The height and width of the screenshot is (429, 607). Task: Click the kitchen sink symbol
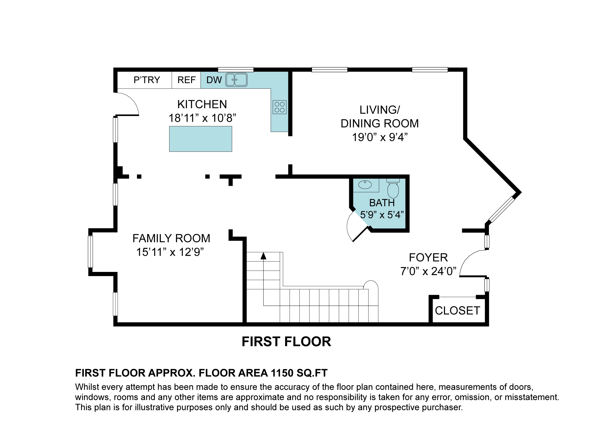[236, 80]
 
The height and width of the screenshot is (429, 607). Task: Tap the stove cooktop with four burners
[279, 107]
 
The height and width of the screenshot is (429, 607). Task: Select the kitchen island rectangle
[201, 139]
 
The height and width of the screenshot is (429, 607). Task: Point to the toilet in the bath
[393, 188]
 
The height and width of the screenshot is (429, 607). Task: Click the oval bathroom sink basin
[365, 184]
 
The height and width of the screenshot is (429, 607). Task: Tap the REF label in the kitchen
[186, 80]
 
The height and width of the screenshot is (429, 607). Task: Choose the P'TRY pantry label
[147, 80]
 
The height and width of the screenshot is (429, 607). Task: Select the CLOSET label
[458, 311]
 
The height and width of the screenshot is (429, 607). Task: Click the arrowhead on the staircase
[263, 256]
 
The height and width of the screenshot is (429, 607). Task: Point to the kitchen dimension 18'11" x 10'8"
[202, 118]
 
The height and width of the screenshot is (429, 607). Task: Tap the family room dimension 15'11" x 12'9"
[170, 252]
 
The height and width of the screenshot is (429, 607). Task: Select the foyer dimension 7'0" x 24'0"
[429, 271]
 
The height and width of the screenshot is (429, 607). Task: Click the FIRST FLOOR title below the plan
[286, 342]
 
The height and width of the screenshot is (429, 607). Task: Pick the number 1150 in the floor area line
[282, 373]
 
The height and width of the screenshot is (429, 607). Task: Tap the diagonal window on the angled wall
[502, 210]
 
